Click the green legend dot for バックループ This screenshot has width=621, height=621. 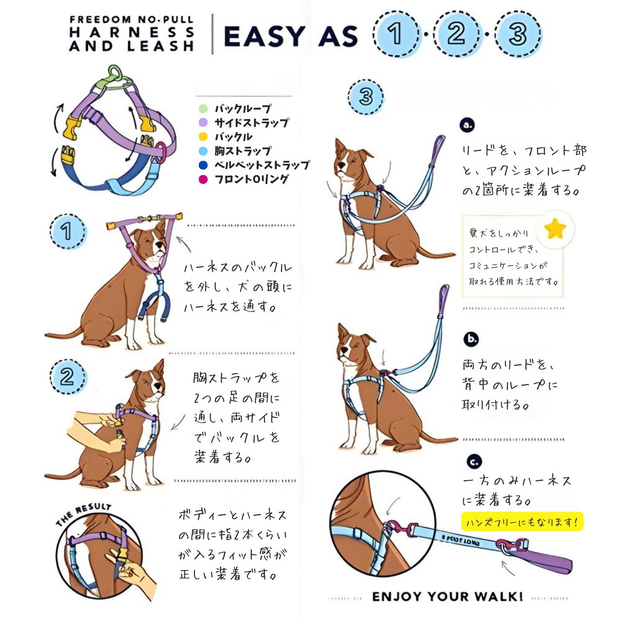pyautogui.click(x=203, y=109)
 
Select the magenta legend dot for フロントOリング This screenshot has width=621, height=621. pyautogui.click(x=203, y=180)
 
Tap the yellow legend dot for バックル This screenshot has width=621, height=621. pyautogui.click(x=203, y=137)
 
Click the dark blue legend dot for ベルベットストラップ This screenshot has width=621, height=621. pyautogui.click(x=203, y=165)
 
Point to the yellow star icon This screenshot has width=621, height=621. pyautogui.click(x=555, y=229)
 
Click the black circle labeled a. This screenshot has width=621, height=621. pyautogui.click(x=467, y=125)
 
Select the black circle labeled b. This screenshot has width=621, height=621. pyautogui.click(x=471, y=339)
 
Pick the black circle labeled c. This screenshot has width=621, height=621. pyautogui.click(x=474, y=462)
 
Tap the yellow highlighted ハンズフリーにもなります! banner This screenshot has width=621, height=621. pyautogui.click(x=523, y=522)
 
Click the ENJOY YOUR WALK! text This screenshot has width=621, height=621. pyautogui.click(x=447, y=596)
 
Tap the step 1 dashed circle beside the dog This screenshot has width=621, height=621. pyautogui.click(x=68, y=231)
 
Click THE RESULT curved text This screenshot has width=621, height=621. pyautogui.click(x=84, y=515)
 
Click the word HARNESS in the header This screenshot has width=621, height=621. pyautogui.click(x=132, y=32)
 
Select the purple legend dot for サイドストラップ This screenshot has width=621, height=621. pyautogui.click(x=203, y=122)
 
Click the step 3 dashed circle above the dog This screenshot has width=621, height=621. pyautogui.click(x=366, y=97)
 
